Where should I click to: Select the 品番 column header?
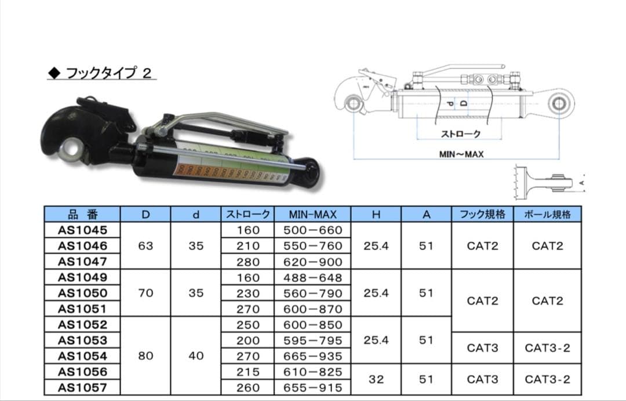coord(83,215)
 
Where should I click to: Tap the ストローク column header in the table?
coord(248,215)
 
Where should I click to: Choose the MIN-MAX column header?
coord(312,215)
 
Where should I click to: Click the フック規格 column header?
coord(483,215)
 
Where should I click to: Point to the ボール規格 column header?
coord(547,215)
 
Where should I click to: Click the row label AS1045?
coord(83,230)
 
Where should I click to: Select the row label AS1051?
coord(83,309)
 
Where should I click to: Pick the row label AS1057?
coord(83,388)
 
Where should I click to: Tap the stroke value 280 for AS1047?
coord(248,262)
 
